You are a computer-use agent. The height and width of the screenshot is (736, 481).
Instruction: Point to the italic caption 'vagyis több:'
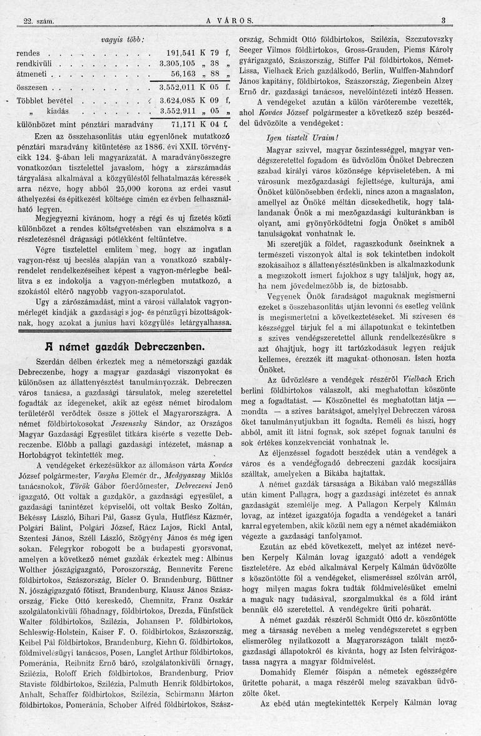pyautogui.click(x=123, y=40)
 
